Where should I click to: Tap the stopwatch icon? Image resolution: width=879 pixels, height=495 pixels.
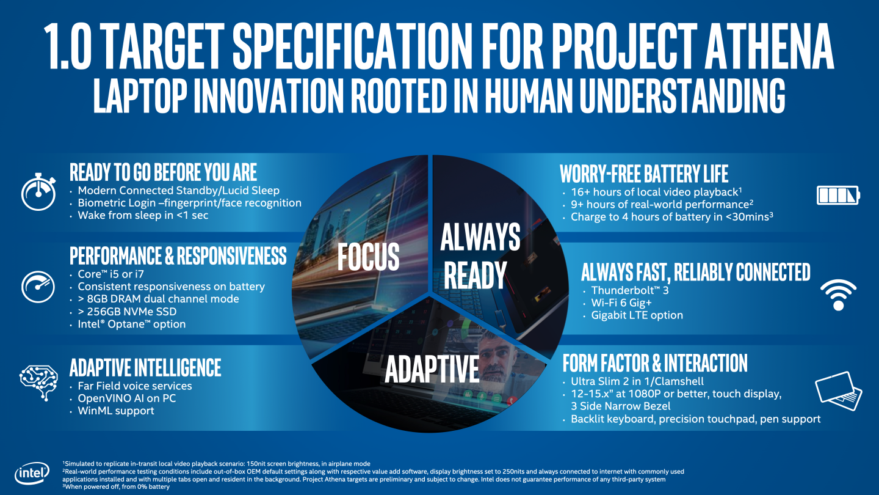39,194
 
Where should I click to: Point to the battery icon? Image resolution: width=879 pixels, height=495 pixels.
838,196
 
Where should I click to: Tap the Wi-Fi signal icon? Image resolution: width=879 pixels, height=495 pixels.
837,295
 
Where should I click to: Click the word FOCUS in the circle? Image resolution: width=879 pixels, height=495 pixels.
369,257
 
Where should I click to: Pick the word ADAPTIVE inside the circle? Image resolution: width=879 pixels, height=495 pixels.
432,369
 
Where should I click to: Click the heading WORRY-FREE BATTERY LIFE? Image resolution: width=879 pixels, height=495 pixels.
644,174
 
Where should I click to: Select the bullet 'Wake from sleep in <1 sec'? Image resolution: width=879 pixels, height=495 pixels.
143,216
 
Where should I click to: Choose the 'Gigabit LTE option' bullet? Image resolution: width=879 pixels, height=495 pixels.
637,315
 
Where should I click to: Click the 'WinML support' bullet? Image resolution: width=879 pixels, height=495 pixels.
116,411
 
